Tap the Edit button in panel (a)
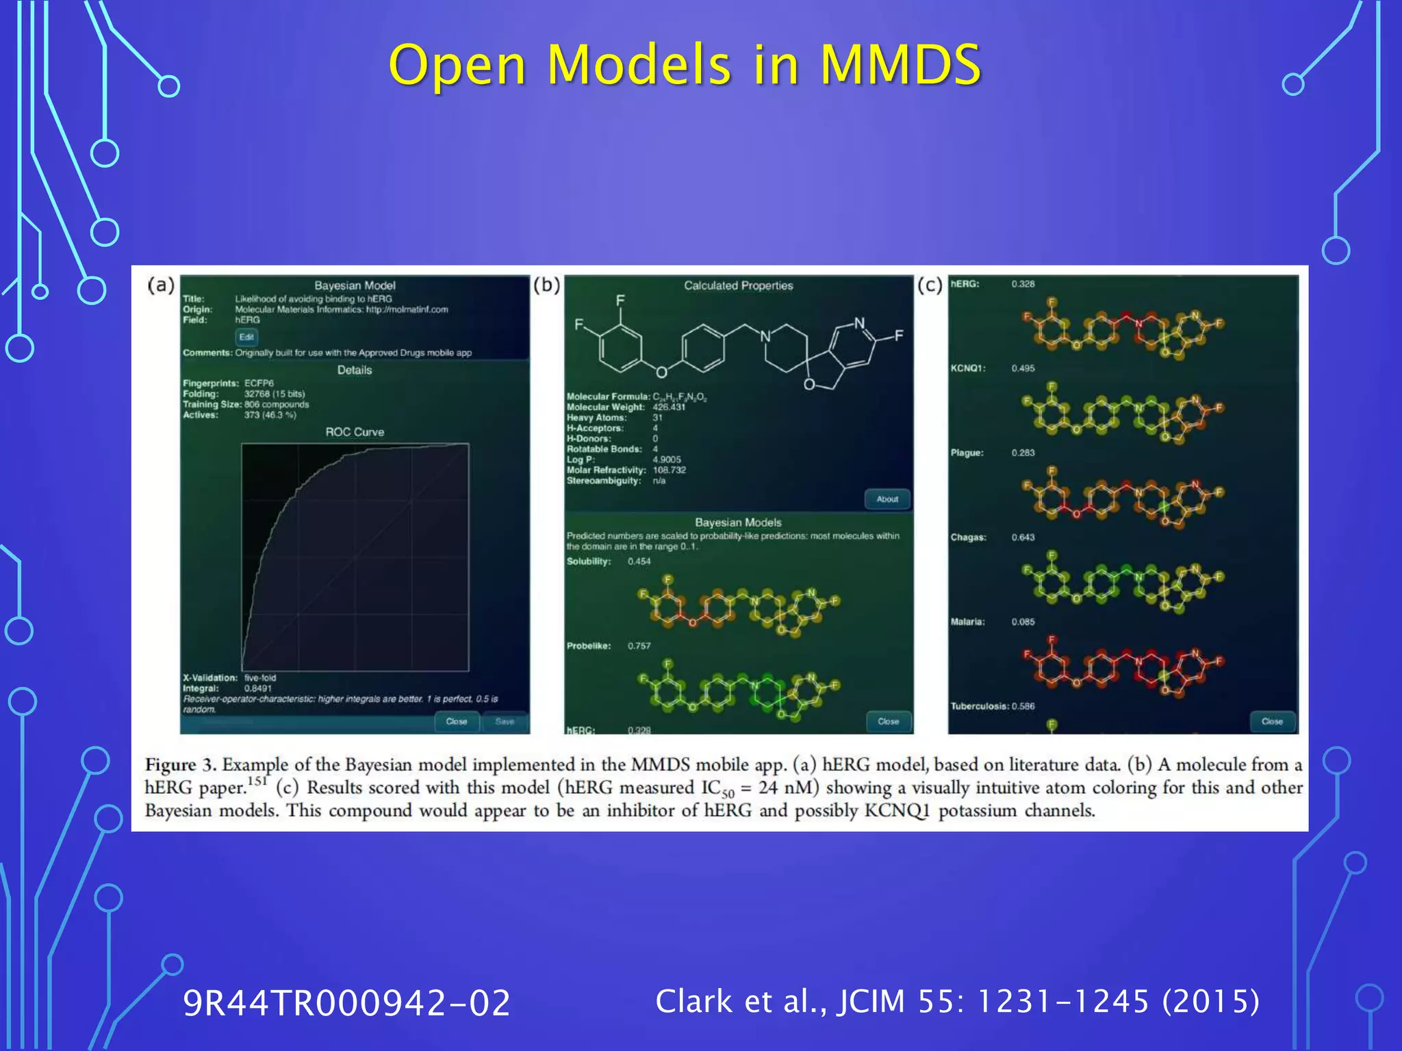click(246, 337)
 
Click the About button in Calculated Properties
click(887, 499)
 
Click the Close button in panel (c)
click(1272, 721)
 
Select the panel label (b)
click(546, 285)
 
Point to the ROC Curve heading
click(355, 432)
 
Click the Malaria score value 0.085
click(1023, 622)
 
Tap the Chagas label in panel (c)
click(968, 537)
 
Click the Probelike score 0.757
click(639, 646)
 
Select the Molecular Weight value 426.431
click(668, 407)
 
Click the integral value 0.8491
click(258, 688)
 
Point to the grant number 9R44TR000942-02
click(346, 1003)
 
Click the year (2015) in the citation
click(1210, 1001)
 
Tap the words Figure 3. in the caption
click(180, 764)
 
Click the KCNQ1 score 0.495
click(1023, 368)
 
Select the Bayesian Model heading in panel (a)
click(355, 285)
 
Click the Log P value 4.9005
click(666, 460)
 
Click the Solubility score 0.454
click(639, 562)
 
